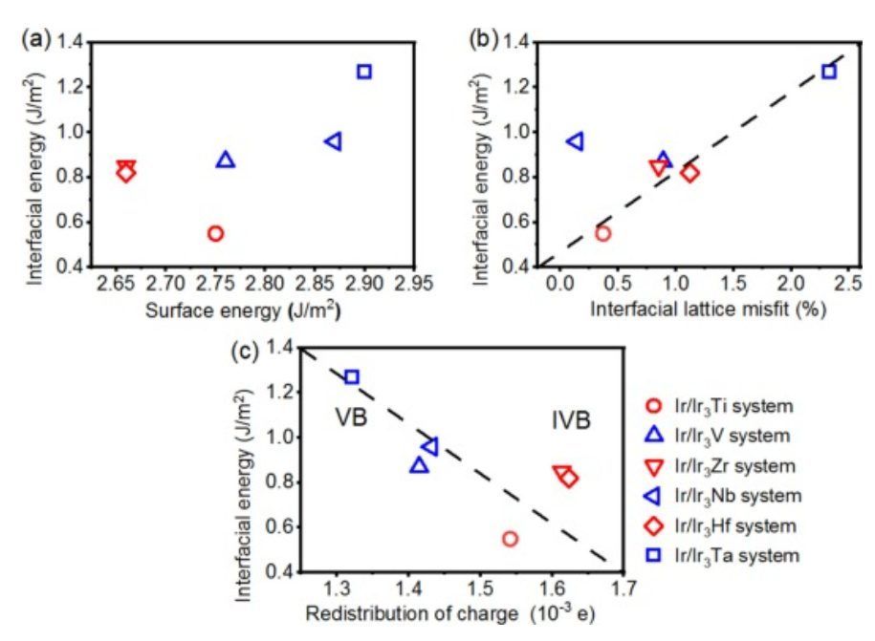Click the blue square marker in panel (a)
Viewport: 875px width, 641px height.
click(364, 72)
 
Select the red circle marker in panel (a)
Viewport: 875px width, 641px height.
click(215, 233)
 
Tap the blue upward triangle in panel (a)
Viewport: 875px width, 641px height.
click(226, 160)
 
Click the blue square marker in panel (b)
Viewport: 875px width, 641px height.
click(828, 72)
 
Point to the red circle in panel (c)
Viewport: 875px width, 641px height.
click(510, 539)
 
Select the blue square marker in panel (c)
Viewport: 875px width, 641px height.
click(352, 377)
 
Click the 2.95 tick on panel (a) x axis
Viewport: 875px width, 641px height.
click(414, 284)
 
